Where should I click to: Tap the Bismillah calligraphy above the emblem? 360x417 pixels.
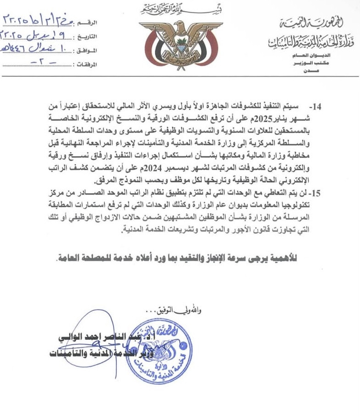[x=180, y=8]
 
